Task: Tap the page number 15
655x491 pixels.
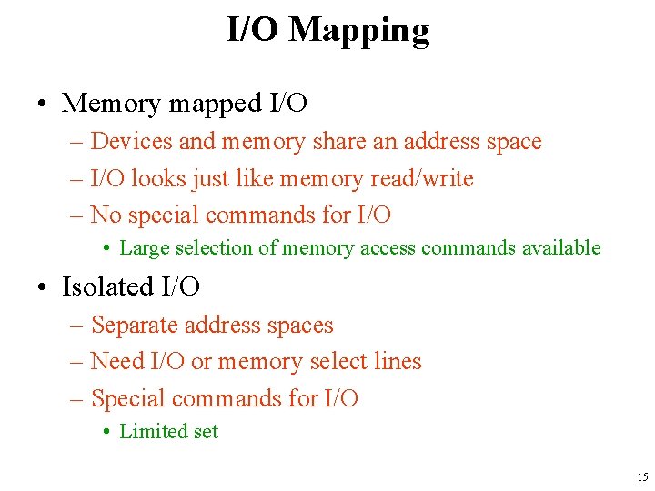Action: tap(642, 477)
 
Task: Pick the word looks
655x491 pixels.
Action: tap(159, 178)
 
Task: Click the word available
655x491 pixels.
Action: tap(561, 247)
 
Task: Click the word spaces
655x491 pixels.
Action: tap(303, 325)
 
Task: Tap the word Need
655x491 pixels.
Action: tap(117, 361)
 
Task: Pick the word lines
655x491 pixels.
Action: tap(398, 361)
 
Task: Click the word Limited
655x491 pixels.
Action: tap(151, 432)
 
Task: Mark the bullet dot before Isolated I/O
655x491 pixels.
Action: tap(44, 287)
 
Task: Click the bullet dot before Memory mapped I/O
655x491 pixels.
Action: tap(44, 105)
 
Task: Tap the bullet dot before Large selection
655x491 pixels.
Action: tap(106, 248)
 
